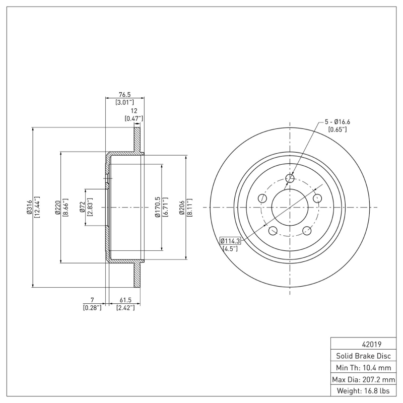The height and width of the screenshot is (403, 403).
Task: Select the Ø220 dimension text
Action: click(57, 208)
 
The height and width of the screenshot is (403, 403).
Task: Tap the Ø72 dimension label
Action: click(82, 208)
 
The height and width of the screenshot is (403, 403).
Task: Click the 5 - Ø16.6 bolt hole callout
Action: click(337, 122)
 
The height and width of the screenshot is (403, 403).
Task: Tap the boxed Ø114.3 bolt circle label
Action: click(230, 241)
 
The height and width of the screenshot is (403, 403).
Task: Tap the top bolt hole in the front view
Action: click(290, 178)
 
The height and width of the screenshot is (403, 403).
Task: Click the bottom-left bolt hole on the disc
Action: click(273, 231)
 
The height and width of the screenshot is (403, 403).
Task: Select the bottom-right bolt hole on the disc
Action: click(307, 231)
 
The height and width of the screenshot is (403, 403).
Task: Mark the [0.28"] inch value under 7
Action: click(92, 307)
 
